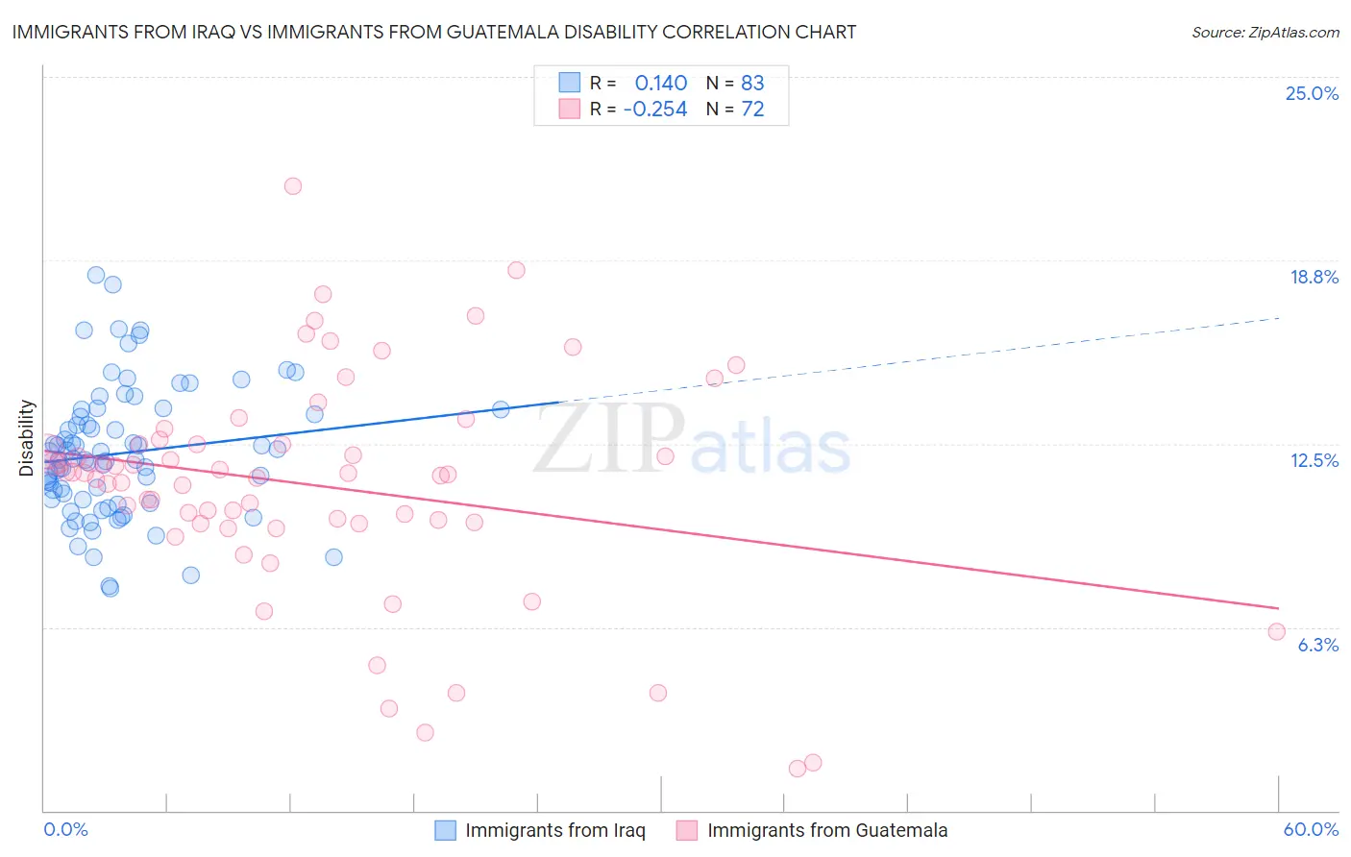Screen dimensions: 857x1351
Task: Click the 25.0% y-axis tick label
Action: point(1312,93)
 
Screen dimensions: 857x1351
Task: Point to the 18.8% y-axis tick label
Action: point(1314,277)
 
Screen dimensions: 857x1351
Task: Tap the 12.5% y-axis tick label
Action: point(1314,460)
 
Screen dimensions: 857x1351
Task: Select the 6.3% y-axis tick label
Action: point(1317,645)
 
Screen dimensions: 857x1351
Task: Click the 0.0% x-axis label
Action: point(65,829)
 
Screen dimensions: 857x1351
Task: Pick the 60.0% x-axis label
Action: point(1311,829)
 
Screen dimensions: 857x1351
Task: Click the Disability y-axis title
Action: point(27,438)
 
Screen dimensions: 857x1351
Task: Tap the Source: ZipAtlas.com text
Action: point(1265,32)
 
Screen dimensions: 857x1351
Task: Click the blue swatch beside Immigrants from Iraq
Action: point(445,830)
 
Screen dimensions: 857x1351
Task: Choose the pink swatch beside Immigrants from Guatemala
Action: point(687,830)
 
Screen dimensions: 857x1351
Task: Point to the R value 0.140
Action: point(661,83)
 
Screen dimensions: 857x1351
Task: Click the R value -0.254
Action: point(655,110)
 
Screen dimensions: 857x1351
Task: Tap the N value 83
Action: point(752,83)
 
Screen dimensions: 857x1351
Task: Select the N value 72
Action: point(752,110)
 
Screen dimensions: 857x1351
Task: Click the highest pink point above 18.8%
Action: point(293,186)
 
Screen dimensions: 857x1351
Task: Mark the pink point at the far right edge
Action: point(1276,631)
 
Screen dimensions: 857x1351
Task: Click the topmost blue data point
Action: point(96,275)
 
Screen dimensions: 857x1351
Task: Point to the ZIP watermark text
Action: point(609,438)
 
